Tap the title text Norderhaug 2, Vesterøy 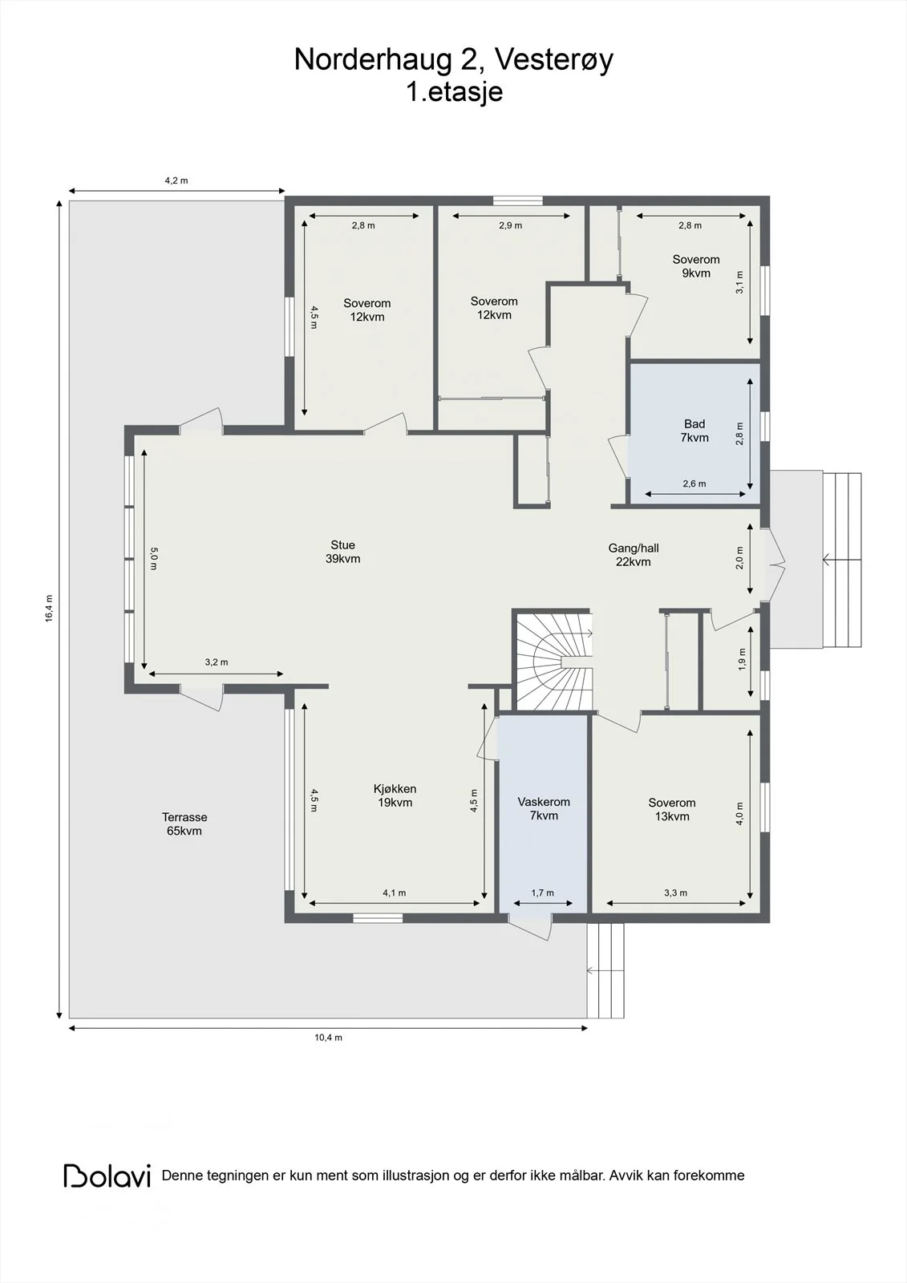click(x=453, y=59)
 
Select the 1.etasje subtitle click(x=455, y=91)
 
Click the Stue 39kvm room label click(x=342, y=552)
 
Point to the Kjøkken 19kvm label click(x=395, y=795)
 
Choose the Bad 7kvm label click(x=694, y=431)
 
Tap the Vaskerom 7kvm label click(x=544, y=809)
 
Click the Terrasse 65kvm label click(x=184, y=824)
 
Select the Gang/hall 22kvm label click(x=633, y=554)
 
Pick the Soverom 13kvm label click(x=672, y=809)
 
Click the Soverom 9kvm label click(x=696, y=265)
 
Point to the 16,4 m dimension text click(x=49, y=609)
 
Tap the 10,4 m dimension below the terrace click(x=328, y=1038)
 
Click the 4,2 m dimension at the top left click(x=176, y=180)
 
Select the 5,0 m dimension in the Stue click(x=153, y=558)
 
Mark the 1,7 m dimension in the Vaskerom click(x=543, y=892)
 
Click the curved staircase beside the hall click(x=553, y=661)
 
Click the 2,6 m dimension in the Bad click(x=694, y=484)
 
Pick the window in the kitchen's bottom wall click(x=378, y=918)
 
